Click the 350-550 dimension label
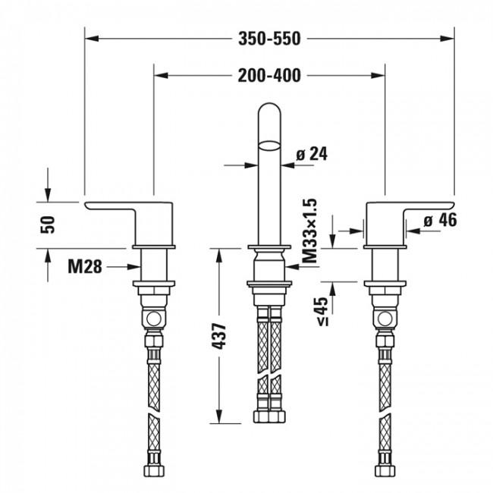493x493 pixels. point(268,36)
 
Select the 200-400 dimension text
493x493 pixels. point(268,74)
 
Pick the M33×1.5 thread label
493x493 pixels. point(309,230)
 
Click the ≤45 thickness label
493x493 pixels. point(322,310)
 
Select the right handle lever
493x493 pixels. point(410,209)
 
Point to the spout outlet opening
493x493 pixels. point(268,141)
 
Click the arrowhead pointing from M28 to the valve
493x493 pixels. point(136,266)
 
